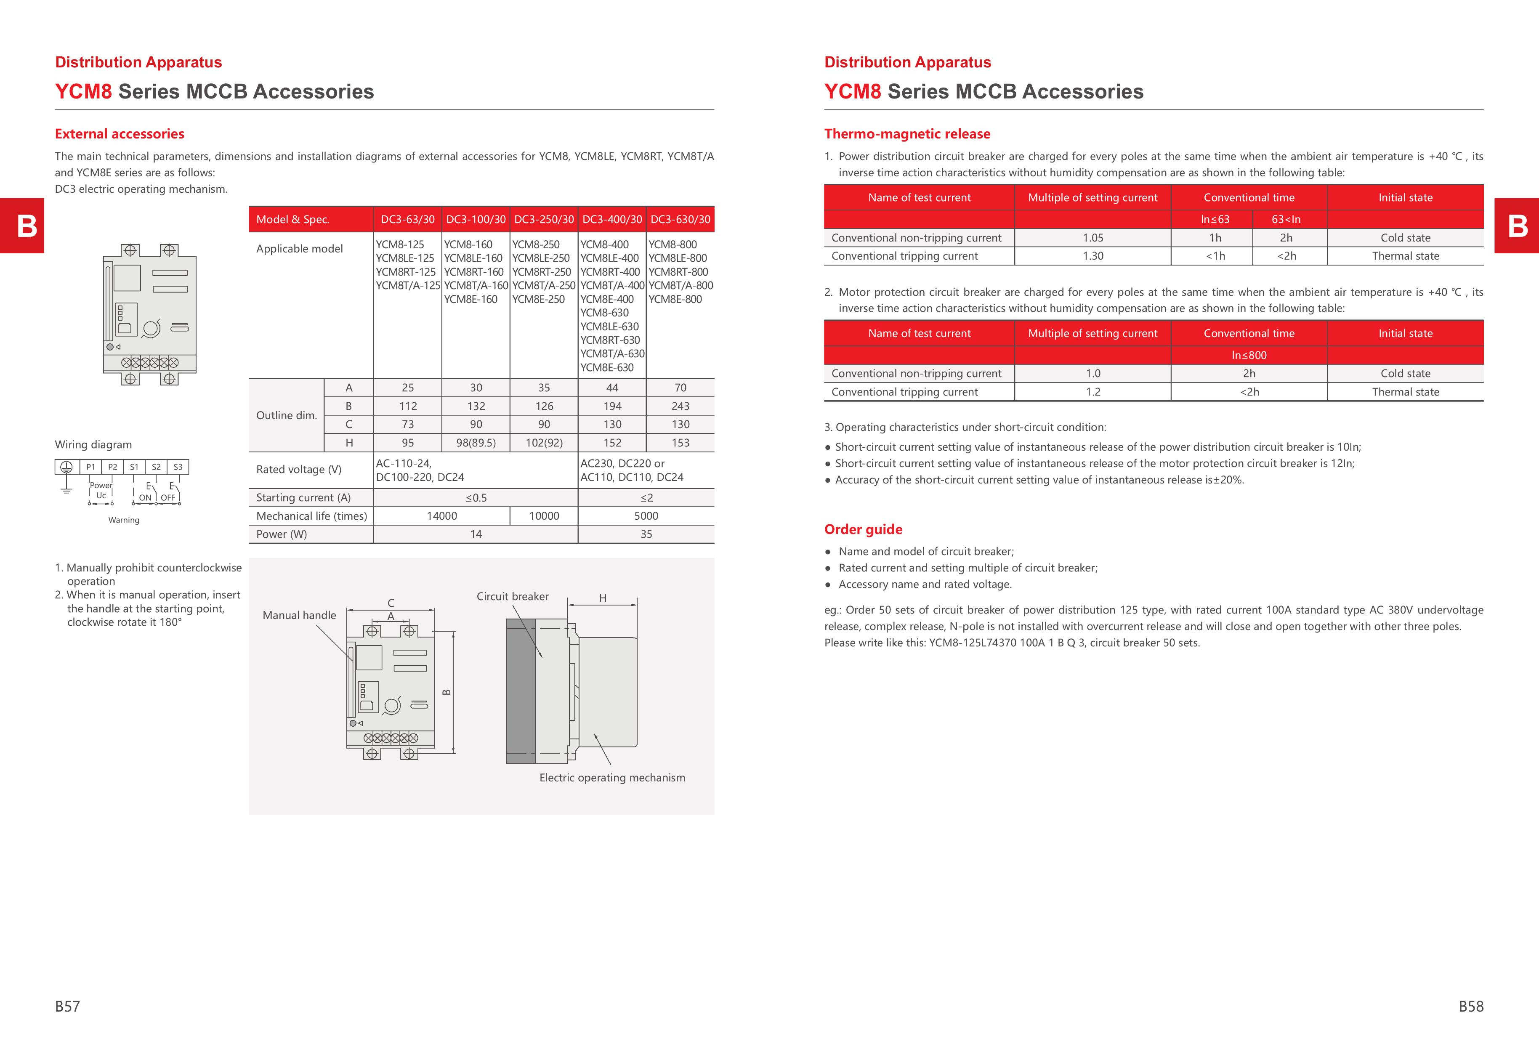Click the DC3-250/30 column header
coord(544,220)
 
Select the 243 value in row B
coord(680,406)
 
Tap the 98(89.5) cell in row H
coord(476,443)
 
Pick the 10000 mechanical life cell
coord(544,516)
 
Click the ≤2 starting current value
coord(646,498)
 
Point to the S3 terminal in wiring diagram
coord(178,467)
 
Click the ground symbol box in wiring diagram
coord(66,467)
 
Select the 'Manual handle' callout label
coord(299,615)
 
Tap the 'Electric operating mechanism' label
coord(612,778)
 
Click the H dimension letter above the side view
coord(603,598)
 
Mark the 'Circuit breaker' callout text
coord(513,596)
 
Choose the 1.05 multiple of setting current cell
coord(1092,238)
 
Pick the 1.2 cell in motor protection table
coord(1092,392)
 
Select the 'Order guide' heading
coord(863,529)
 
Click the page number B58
coord(1471,1006)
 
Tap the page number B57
coord(68,1006)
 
